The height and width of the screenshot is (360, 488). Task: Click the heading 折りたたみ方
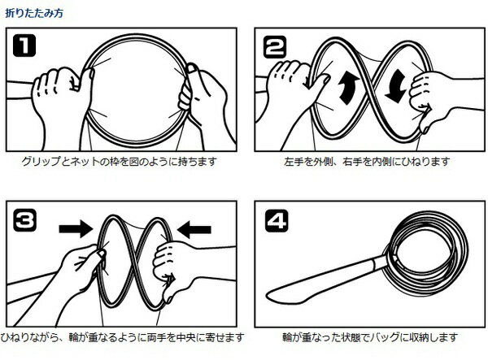(x=34, y=13)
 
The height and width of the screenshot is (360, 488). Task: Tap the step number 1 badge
(x=24, y=46)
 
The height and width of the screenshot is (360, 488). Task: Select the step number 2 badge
(x=275, y=46)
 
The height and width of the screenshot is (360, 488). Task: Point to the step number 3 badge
(x=24, y=220)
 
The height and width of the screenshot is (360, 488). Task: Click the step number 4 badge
(x=277, y=221)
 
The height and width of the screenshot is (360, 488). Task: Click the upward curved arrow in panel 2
(x=348, y=88)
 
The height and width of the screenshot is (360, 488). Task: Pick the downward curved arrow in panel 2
(x=395, y=86)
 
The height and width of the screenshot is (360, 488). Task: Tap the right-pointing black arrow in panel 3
(x=76, y=229)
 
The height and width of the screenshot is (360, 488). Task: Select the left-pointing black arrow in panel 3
(x=194, y=230)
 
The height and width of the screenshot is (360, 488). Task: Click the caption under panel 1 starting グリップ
(x=120, y=162)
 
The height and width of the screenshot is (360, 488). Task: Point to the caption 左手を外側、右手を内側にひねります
(x=368, y=162)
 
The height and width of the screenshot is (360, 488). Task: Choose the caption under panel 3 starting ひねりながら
(x=122, y=337)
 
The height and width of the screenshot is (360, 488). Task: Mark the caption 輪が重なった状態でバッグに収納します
(x=370, y=337)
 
